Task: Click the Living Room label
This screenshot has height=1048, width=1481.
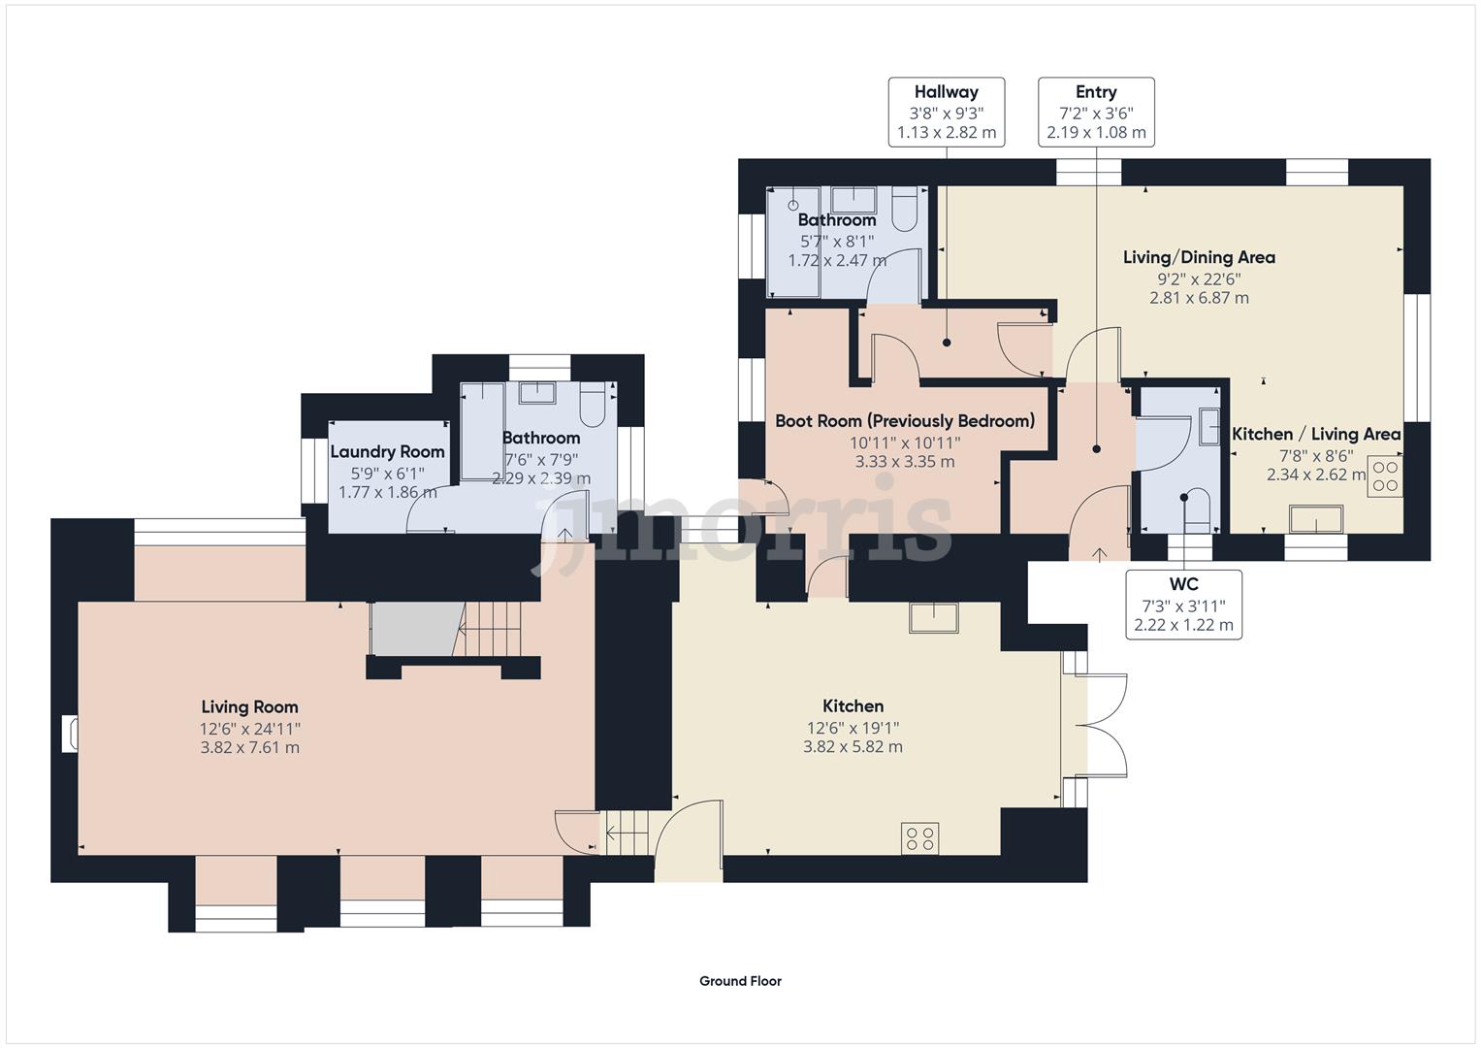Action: tap(249, 706)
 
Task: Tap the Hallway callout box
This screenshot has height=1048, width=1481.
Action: tap(946, 112)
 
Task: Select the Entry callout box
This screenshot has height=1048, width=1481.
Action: tap(1096, 112)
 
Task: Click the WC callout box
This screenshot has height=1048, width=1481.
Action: tap(1183, 604)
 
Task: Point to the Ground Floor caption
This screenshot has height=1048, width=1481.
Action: tap(740, 981)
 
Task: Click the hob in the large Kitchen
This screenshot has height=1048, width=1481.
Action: tap(919, 838)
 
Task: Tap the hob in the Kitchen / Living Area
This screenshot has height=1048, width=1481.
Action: tap(1384, 476)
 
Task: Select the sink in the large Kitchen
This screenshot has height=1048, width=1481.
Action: tap(933, 618)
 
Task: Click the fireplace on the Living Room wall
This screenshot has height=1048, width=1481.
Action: tap(70, 734)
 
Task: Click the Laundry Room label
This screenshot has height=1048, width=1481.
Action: tap(387, 451)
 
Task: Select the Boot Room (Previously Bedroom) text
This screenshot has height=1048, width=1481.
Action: tap(904, 420)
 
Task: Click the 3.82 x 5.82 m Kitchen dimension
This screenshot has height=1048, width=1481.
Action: tap(853, 747)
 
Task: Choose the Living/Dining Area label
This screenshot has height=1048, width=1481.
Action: tap(1199, 257)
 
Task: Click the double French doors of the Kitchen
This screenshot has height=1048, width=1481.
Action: tap(1101, 724)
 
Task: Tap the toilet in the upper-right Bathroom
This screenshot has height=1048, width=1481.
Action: tap(904, 211)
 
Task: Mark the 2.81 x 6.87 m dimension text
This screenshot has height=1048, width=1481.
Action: tap(1199, 298)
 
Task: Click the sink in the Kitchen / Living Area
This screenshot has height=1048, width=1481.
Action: tap(1315, 520)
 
